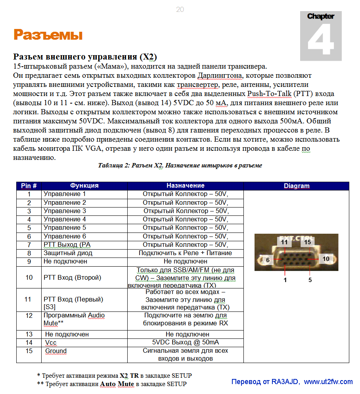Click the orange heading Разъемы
point(48,35)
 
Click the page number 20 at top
point(180,10)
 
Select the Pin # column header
point(29,186)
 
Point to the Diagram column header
point(296,186)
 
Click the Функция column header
point(84,186)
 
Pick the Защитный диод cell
point(68,253)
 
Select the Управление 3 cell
point(65,211)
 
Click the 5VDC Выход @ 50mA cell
point(185,342)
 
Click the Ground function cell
point(56,351)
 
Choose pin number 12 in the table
point(29,315)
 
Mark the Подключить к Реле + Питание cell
point(185,253)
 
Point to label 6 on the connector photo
point(268,260)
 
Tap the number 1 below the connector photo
point(285,280)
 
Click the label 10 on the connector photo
point(326,259)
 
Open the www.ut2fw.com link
point(328,382)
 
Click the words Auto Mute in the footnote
point(117,384)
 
